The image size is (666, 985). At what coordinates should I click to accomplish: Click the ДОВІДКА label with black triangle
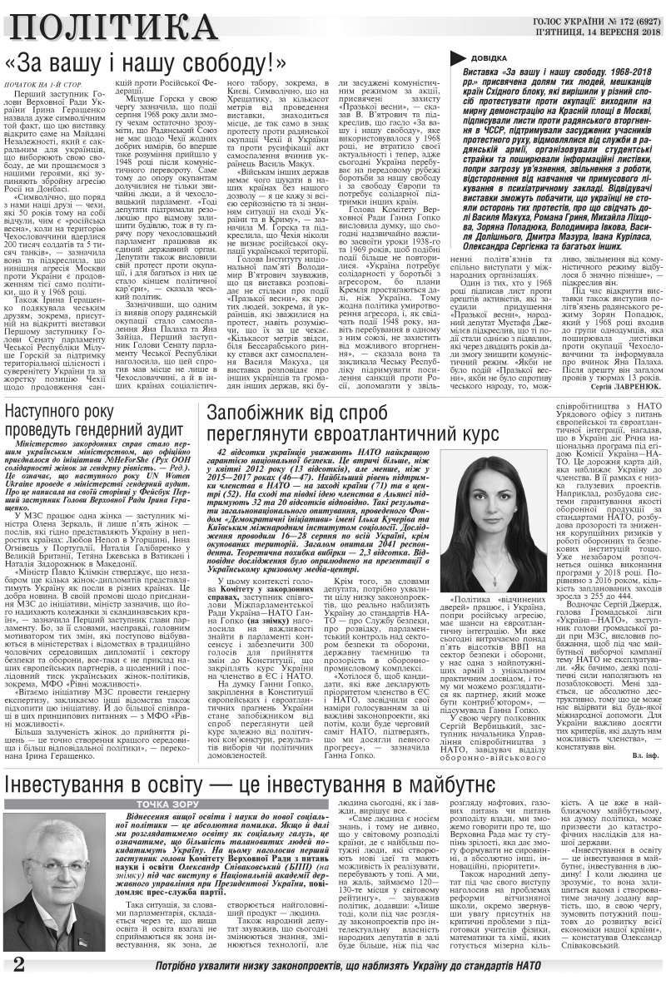484,58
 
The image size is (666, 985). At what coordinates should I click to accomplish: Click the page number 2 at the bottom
17,965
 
